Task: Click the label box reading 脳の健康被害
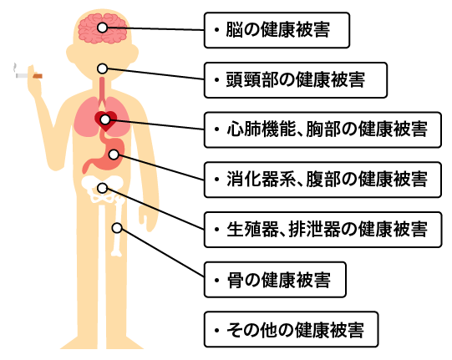pos(277,30)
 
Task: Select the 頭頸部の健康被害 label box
pos(296,80)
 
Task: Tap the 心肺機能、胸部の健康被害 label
pos(322,129)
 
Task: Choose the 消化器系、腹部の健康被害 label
pos(322,180)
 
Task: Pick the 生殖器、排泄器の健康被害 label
pos(322,230)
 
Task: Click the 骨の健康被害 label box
pos(275,279)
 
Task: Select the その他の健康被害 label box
pos(291,329)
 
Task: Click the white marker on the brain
pos(102,28)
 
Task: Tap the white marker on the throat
pos(102,68)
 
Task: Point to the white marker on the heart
pos(105,119)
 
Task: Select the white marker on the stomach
pos(114,155)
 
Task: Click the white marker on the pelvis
pos(102,188)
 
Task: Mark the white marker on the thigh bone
pos(117,228)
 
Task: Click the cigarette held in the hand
pos(29,76)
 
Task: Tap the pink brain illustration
pos(102,28)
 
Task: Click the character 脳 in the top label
pos(234,30)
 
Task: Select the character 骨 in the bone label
pos(236,279)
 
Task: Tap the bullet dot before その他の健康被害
pos(216,330)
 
